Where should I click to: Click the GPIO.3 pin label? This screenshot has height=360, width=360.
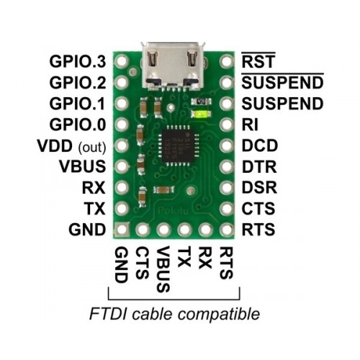[78, 62]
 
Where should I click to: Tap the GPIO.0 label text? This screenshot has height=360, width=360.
[78, 125]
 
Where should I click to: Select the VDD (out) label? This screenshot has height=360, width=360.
[71, 146]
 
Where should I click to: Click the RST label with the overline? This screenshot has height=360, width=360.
[258, 60]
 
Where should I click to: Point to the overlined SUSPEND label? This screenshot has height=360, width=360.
[282, 81]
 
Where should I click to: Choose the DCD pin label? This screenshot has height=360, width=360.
[259, 146]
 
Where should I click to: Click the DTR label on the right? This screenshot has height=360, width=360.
[259, 167]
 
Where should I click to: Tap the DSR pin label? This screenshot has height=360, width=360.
[259, 188]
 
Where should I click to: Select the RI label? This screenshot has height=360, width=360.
[250, 125]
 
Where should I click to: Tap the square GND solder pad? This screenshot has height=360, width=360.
[122, 229]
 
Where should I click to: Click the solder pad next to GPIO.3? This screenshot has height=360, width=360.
[122, 61]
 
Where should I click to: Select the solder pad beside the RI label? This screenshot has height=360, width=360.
[227, 125]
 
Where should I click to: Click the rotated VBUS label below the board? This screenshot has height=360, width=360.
[163, 269]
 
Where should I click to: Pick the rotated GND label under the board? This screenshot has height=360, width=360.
[121, 265]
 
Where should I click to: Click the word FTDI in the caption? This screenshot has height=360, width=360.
[107, 314]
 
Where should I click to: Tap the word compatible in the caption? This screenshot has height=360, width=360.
[219, 315]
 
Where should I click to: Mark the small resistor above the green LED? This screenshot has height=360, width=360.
[201, 102]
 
